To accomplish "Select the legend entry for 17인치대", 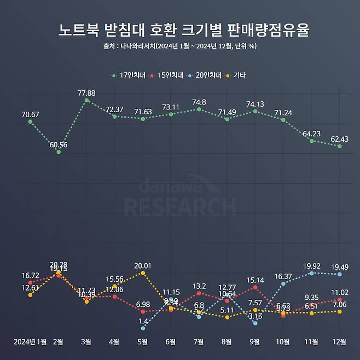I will point(129,76).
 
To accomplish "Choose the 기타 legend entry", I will point(239,76).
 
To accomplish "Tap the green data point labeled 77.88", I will point(86,101).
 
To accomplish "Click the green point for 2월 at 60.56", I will point(59,152).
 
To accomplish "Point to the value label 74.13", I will point(256,104).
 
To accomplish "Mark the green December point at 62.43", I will point(340,146).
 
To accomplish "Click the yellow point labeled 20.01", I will point(143,272).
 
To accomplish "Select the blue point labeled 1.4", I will point(143,328).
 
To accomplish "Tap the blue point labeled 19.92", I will point(311,272).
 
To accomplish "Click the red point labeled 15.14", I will point(256,287).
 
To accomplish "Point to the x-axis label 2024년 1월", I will point(30,342).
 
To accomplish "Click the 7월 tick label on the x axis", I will point(199,342).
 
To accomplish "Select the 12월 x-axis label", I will point(340,342).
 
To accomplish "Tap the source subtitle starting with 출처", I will point(180,46).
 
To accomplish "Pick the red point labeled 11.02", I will point(340,300).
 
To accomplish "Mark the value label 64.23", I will point(311,133).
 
